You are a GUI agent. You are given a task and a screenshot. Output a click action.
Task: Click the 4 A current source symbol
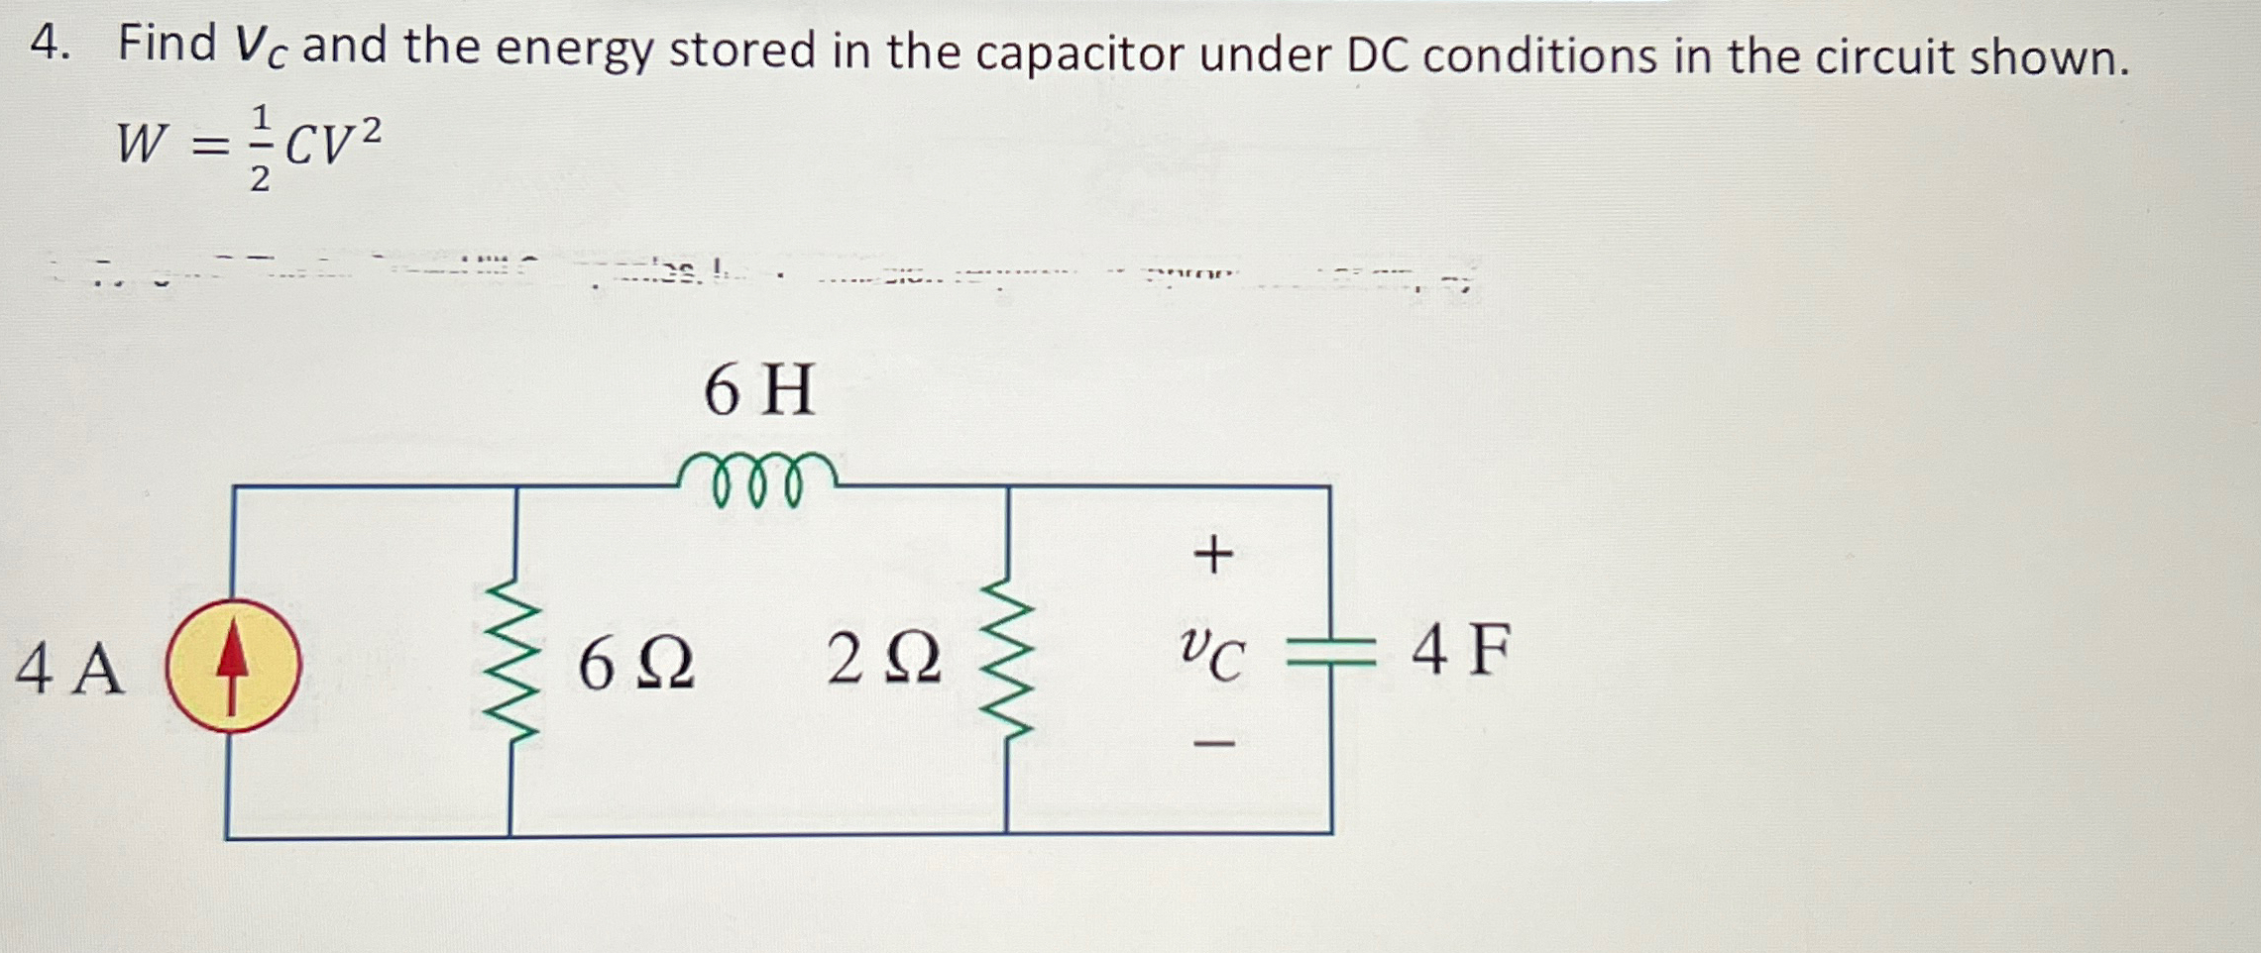click(x=233, y=666)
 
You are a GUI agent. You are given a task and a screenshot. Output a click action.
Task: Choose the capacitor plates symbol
click(x=1330, y=652)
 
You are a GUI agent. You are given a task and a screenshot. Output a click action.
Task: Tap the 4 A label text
click(x=69, y=669)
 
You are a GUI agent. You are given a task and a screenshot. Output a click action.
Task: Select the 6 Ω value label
click(x=636, y=663)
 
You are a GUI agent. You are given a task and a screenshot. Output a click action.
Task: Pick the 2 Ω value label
click(x=883, y=660)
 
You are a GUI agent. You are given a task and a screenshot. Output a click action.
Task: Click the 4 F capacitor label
click(x=1460, y=651)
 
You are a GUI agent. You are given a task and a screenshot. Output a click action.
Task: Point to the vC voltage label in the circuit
click(x=1211, y=655)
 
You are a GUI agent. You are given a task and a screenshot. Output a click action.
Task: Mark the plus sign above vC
click(x=1213, y=554)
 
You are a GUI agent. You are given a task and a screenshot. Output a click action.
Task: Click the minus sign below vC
click(x=1213, y=742)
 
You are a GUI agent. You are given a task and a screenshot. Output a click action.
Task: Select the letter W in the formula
click(x=140, y=143)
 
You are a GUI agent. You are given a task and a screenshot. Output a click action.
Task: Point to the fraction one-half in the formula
click(x=260, y=149)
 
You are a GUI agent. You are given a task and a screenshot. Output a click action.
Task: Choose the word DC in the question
click(x=1377, y=56)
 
